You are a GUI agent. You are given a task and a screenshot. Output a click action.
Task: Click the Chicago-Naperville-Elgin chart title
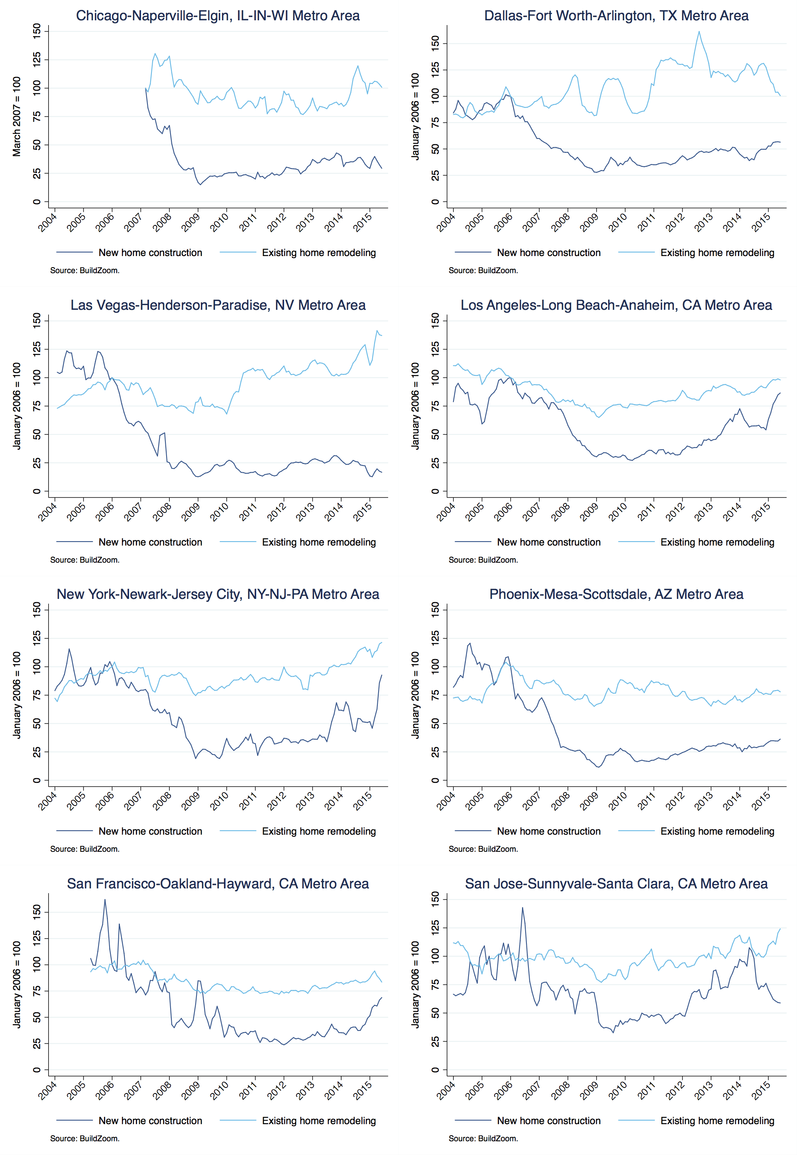[218, 16]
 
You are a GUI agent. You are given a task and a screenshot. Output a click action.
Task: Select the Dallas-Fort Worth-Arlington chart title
[616, 16]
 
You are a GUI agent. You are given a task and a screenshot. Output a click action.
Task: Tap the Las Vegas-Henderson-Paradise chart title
[218, 305]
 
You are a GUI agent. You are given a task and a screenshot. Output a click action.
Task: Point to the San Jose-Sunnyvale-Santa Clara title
[616, 884]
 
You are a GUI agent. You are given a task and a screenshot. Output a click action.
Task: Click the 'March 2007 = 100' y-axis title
[17, 116]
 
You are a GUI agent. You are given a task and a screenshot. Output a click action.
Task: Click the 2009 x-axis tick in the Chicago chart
[191, 221]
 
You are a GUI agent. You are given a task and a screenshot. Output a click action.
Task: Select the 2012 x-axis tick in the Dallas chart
[675, 221]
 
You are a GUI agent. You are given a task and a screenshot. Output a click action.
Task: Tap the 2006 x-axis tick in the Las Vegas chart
[105, 511]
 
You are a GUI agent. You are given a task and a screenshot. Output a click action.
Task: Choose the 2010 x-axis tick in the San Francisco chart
[219, 1090]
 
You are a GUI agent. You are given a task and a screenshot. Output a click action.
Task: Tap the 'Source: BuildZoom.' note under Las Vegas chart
[85, 560]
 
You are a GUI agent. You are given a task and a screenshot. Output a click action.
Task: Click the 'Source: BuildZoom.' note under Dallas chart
[483, 270]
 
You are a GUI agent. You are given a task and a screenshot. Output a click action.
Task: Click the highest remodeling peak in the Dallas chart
[699, 31]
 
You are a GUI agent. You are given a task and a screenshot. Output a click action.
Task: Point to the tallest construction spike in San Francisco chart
[105, 900]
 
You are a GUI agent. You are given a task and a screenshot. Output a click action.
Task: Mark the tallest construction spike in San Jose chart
[522, 908]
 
